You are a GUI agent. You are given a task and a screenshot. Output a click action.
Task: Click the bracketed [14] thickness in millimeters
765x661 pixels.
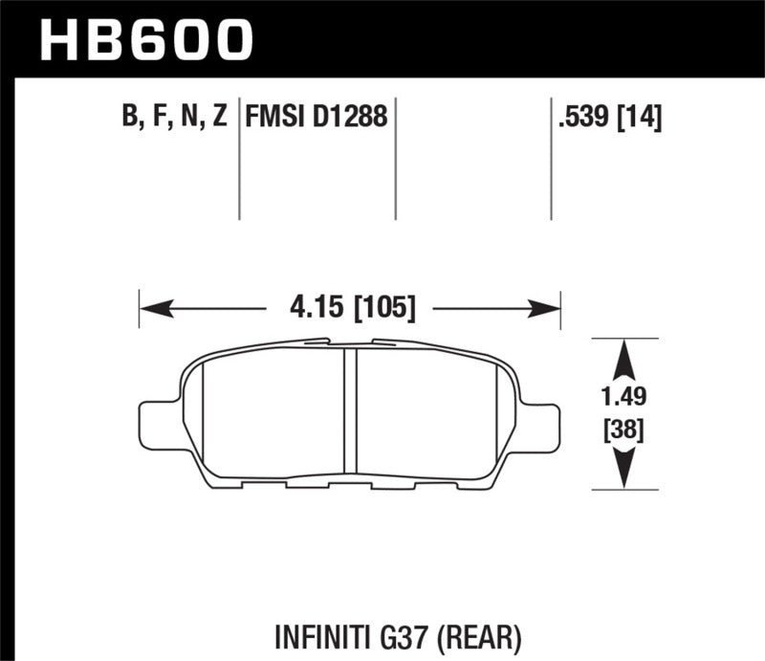tap(642, 118)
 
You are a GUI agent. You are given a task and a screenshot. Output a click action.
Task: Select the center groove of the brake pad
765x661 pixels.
tap(349, 411)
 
